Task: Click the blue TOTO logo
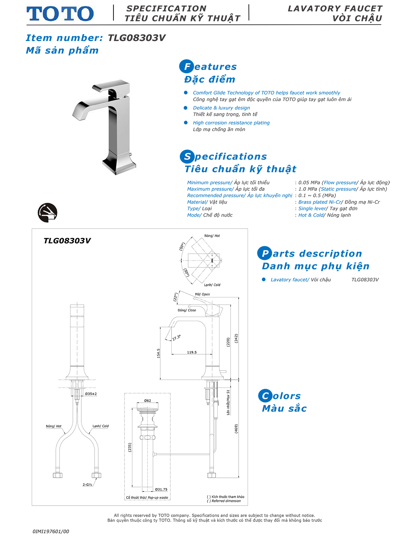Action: coord(60,14)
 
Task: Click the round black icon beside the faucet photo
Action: coord(47,212)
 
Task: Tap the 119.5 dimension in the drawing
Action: coord(192,352)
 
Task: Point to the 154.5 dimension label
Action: coord(158,353)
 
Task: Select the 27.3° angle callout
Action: coord(176,338)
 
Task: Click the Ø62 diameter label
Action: coord(147,401)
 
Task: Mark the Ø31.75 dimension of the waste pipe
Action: coord(161,489)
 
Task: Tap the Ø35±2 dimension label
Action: coord(91,394)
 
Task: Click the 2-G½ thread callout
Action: coord(87,484)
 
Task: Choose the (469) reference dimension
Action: coord(236,429)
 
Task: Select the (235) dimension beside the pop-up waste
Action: coord(130,447)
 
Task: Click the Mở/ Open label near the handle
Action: coord(202,294)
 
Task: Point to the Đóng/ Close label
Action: coord(187,310)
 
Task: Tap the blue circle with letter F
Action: coord(186,66)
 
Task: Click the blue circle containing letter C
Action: coord(265,396)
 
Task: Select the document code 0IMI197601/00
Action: coord(51,531)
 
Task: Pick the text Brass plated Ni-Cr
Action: coord(320,202)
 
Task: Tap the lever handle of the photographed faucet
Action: coord(111,86)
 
